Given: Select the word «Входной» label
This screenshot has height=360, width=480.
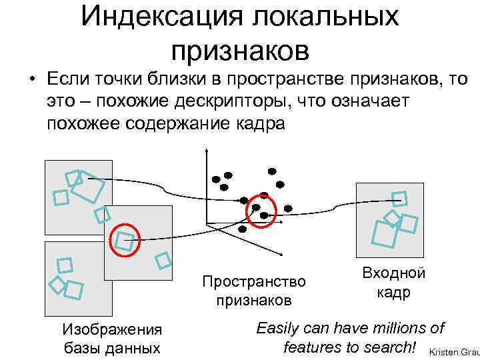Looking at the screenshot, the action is pos(393,273).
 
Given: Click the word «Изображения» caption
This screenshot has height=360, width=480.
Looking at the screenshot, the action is pos(111,329).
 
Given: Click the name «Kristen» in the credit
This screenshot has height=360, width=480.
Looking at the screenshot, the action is pos(444,351).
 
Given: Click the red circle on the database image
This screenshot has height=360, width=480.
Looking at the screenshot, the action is pos(124,240).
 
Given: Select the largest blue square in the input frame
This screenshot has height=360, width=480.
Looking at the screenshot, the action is pos(385,233).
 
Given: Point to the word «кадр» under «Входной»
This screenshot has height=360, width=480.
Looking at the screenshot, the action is pos(394,293).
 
